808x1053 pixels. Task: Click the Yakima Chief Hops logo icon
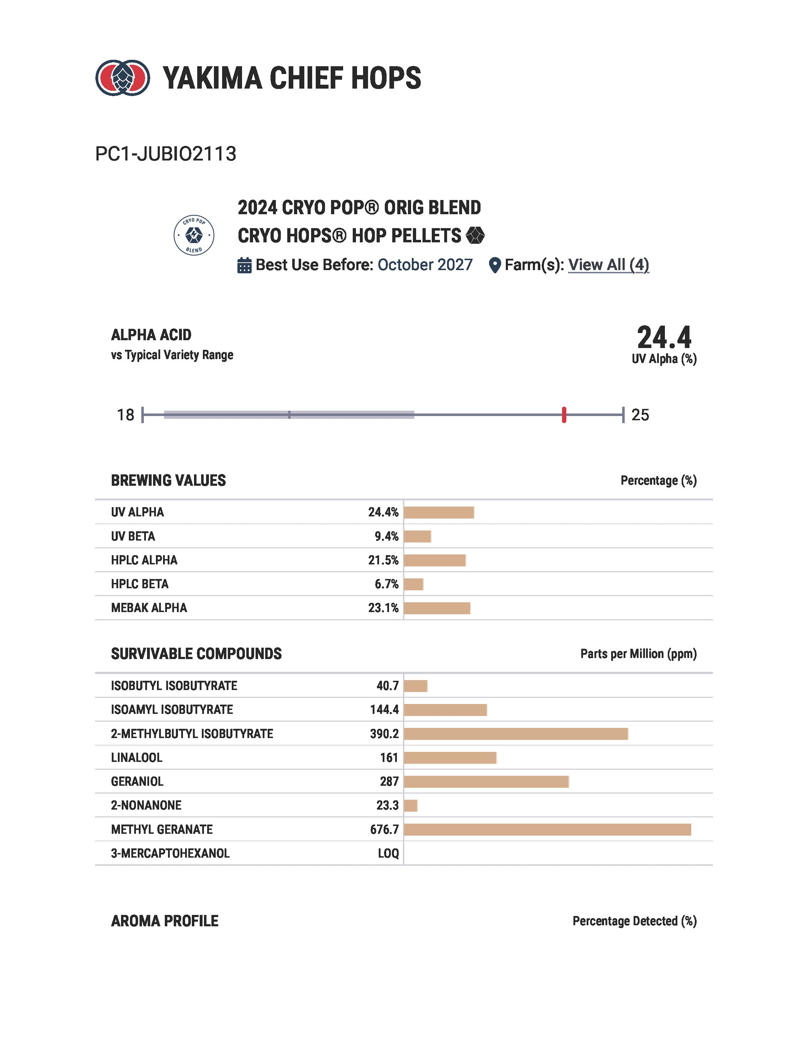[x=123, y=78]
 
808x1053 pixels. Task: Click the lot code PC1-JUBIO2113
[x=166, y=154]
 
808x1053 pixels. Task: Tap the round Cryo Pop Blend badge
[x=194, y=235]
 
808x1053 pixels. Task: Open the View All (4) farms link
[x=608, y=265]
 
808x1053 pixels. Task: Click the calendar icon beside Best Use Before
[x=244, y=265]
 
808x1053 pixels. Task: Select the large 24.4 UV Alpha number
[x=664, y=338]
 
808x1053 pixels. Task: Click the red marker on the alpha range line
[x=564, y=415]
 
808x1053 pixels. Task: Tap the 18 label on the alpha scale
[x=126, y=415]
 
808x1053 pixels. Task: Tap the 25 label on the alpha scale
[x=640, y=415]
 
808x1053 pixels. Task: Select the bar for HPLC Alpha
[x=435, y=560]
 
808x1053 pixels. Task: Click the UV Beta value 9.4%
[x=386, y=536]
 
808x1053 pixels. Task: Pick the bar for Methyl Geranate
[x=547, y=830]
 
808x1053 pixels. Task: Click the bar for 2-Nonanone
[x=411, y=805]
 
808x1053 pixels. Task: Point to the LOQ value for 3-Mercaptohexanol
[x=388, y=853]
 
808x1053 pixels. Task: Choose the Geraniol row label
[x=137, y=781]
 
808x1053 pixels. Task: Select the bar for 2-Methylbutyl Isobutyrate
[x=515, y=734]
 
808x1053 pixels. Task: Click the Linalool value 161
[x=389, y=758]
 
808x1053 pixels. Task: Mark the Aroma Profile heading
[x=164, y=921]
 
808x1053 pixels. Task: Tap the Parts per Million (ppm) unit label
[x=638, y=654]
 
